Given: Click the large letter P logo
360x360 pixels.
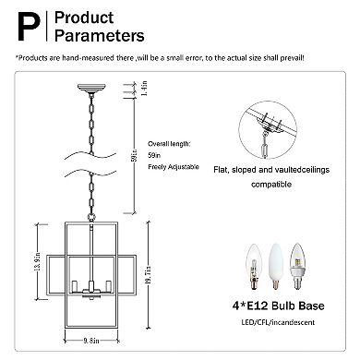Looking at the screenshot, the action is tap(30, 27).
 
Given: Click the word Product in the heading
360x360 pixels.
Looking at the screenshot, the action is tap(84, 18).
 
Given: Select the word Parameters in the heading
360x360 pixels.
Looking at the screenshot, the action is tap(100, 35).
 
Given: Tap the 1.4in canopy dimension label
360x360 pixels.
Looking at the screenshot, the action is tap(145, 88).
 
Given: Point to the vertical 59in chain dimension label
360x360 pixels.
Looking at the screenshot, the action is tap(135, 156).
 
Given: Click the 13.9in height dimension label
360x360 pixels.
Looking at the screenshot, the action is tap(38, 261).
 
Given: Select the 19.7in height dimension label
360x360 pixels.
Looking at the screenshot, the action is tap(149, 275).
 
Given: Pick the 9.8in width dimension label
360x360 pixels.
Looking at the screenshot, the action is tap(91, 341).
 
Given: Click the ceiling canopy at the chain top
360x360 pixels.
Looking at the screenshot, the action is tap(91, 88).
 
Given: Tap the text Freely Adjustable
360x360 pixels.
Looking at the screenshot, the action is tap(174, 167).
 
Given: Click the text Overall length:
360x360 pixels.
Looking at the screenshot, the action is tap(169, 144).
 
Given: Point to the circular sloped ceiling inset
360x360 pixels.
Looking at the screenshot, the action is tap(268, 130).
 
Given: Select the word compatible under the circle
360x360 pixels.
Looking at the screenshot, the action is tap(271, 185).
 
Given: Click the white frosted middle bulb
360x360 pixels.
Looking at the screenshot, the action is tap(276, 266).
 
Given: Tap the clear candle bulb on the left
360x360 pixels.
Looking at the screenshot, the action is tap(253, 266).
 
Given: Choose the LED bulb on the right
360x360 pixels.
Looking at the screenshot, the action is tap(297, 266).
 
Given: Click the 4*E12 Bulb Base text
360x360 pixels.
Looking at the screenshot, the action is tap(279, 306).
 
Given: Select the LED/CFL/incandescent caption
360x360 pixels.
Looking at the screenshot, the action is tap(278, 322).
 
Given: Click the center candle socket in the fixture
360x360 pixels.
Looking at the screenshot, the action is tap(91, 286).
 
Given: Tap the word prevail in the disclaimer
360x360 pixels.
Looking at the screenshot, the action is tap(292, 58).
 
